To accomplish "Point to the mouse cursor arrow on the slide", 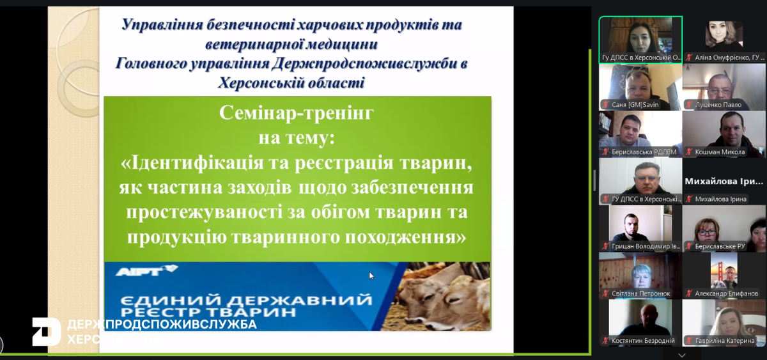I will (x=371, y=276).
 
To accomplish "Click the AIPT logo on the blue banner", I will (x=146, y=271).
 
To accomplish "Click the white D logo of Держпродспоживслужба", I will (x=47, y=331).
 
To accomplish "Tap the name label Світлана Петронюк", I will (x=636, y=293).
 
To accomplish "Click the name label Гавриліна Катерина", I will (x=720, y=341).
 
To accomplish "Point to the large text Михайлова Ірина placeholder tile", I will (x=724, y=182).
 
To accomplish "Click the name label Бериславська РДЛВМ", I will (x=635, y=152).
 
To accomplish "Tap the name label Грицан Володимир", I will (x=636, y=246).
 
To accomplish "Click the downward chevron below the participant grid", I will (x=682, y=354).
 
